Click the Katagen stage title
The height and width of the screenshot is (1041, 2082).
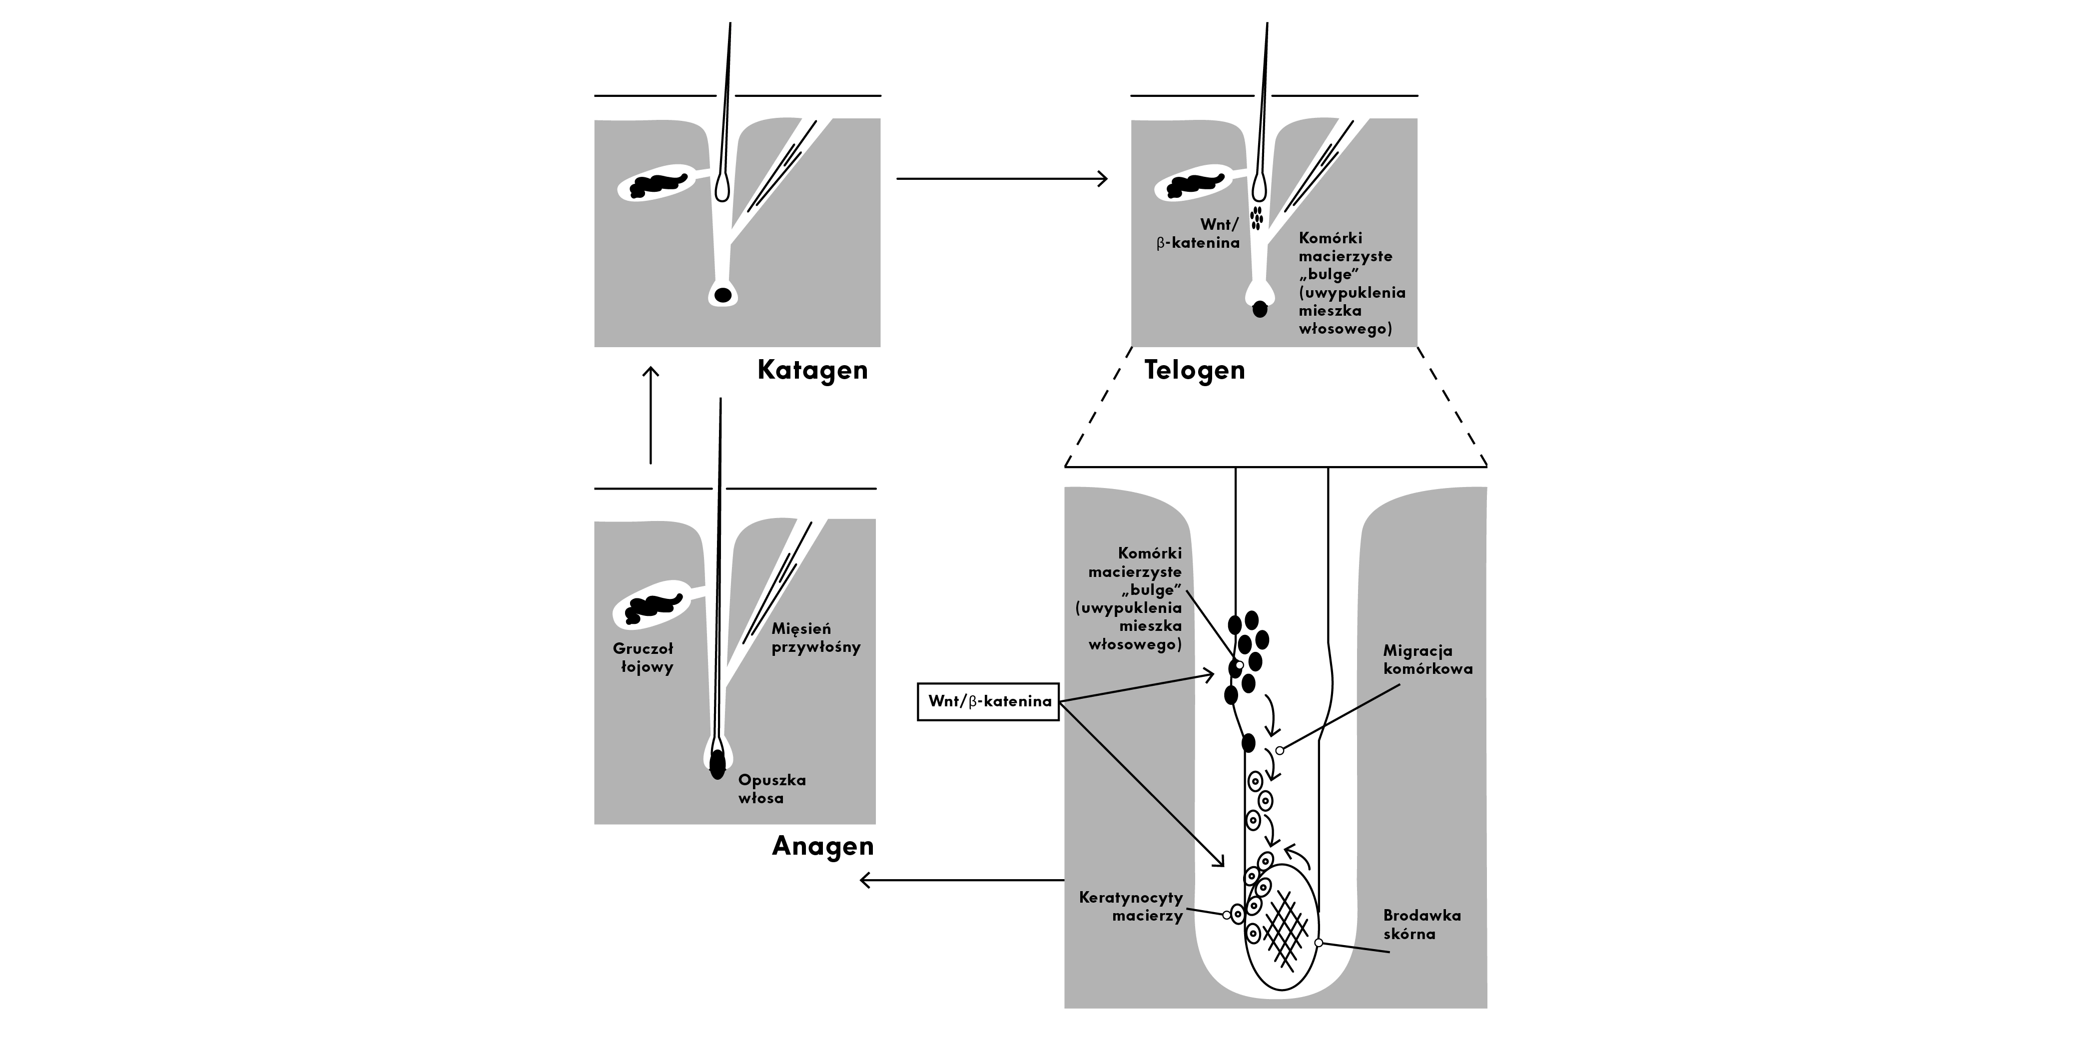(812, 370)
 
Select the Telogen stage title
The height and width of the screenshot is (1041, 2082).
(1195, 370)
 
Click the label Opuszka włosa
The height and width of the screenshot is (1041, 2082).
(772, 789)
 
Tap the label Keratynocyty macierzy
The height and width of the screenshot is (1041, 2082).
(1131, 907)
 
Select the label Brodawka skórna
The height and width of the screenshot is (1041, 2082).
(1421, 925)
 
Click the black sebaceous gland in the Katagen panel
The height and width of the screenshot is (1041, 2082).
(658, 186)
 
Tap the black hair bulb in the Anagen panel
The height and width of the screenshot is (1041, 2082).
(717, 764)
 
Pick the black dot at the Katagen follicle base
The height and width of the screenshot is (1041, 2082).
(723, 295)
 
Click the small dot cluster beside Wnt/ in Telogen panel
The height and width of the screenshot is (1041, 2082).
(1256, 217)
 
